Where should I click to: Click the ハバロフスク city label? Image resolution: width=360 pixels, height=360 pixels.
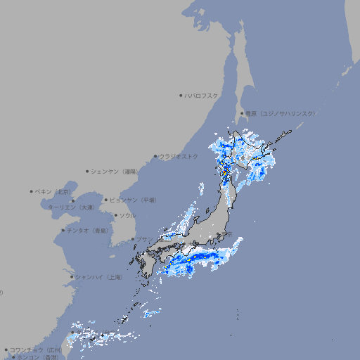point(202,95)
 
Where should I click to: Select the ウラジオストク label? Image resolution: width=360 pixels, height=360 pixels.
point(179,157)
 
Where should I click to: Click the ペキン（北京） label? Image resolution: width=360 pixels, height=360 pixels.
point(54,191)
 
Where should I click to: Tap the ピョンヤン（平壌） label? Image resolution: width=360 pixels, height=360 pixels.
point(134,200)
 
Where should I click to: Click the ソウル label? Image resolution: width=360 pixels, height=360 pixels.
point(127,216)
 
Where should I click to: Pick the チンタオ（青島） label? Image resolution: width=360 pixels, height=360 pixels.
point(88,231)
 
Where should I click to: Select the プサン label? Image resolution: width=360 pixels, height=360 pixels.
point(143,240)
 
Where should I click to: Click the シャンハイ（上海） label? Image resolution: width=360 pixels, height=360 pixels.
point(99,278)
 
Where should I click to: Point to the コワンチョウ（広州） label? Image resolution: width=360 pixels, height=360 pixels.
point(37,349)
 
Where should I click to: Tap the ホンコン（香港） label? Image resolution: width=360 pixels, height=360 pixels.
point(38,357)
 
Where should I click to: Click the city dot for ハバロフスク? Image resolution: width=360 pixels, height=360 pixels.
point(181,95)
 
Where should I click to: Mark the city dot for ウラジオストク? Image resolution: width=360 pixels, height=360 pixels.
point(155,157)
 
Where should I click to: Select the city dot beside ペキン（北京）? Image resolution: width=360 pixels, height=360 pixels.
point(32,191)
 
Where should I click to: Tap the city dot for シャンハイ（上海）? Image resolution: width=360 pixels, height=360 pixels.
point(72,277)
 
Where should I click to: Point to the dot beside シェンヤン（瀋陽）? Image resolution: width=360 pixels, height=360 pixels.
point(88,172)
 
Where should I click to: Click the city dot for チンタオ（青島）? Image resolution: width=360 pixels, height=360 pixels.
point(63,231)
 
